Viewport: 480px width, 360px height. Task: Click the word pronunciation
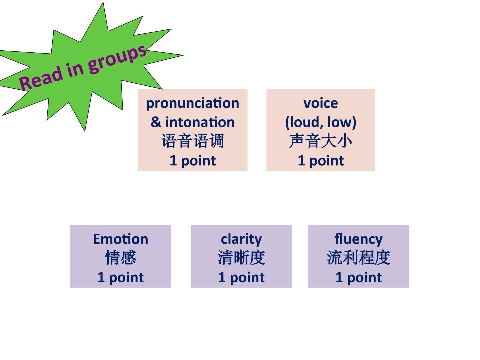(x=192, y=103)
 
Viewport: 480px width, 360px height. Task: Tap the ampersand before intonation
(x=156, y=122)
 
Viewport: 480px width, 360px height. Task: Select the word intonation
(x=200, y=122)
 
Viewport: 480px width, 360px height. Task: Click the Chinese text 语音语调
(x=192, y=141)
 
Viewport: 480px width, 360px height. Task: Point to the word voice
(x=321, y=103)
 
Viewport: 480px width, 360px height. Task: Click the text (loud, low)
(x=321, y=122)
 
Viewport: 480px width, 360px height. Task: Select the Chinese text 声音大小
(x=321, y=141)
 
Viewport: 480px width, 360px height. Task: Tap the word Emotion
(x=120, y=239)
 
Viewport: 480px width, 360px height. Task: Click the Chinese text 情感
(x=121, y=258)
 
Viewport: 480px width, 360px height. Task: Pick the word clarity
(x=241, y=240)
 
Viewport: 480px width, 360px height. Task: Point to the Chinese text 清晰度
(x=241, y=258)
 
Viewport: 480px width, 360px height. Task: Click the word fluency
(x=358, y=240)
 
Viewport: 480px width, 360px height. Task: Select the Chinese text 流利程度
(x=358, y=258)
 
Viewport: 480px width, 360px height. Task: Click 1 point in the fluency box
(x=359, y=278)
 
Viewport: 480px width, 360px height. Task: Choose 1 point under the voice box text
(x=321, y=161)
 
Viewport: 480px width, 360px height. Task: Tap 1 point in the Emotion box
(x=120, y=278)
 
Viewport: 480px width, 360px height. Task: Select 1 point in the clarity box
(x=241, y=278)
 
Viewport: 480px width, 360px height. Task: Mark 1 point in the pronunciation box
(x=193, y=161)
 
